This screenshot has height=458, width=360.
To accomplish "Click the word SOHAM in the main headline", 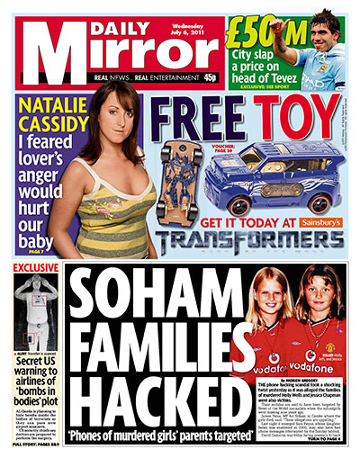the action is [147, 298].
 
